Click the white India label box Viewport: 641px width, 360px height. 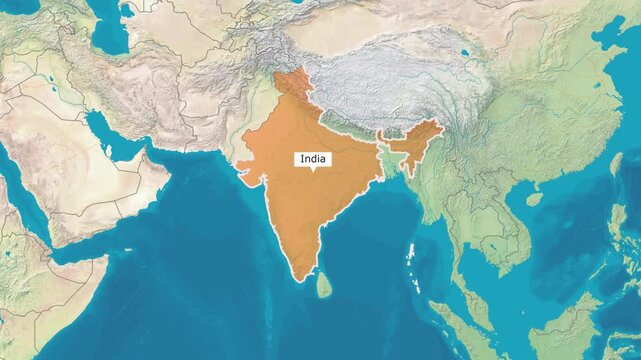[313, 158]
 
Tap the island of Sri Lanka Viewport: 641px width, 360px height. [324, 287]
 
